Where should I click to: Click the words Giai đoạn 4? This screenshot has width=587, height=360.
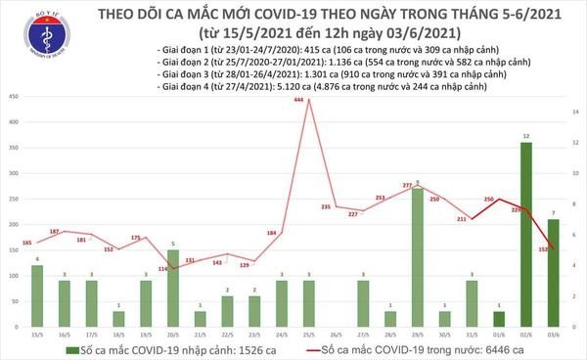[x=184, y=86]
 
